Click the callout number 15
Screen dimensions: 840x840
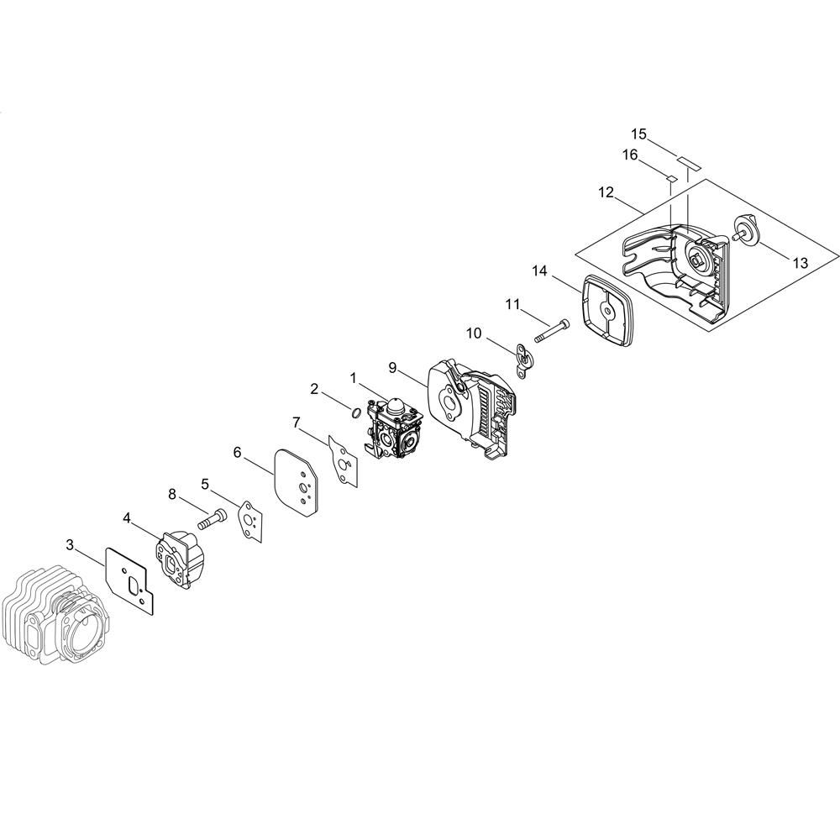(638, 134)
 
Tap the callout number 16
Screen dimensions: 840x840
(630, 155)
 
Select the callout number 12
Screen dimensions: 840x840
(606, 192)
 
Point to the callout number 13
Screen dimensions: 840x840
(800, 263)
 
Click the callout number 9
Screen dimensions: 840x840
(392, 368)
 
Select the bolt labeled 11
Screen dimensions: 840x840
(553, 331)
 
